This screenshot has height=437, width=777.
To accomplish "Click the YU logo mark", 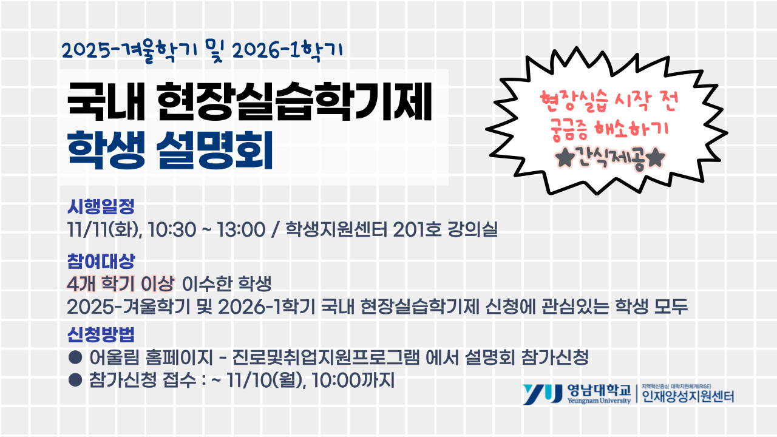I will [x=542, y=395].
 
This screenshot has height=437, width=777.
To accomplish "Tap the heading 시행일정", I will [x=100, y=207].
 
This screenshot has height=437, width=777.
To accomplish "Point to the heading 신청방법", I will [x=100, y=334].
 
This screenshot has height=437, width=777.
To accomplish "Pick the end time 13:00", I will [x=240, y=231].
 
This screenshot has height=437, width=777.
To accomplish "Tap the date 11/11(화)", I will [x=104, y=231].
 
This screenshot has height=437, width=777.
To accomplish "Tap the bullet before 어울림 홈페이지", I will [x=75, y=357].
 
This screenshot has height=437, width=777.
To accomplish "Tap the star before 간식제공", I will [x=564, y=159].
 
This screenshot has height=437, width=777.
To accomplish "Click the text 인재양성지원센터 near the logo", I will [x=688, y=398].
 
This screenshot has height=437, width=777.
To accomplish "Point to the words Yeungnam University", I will [x=599, y=402].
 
